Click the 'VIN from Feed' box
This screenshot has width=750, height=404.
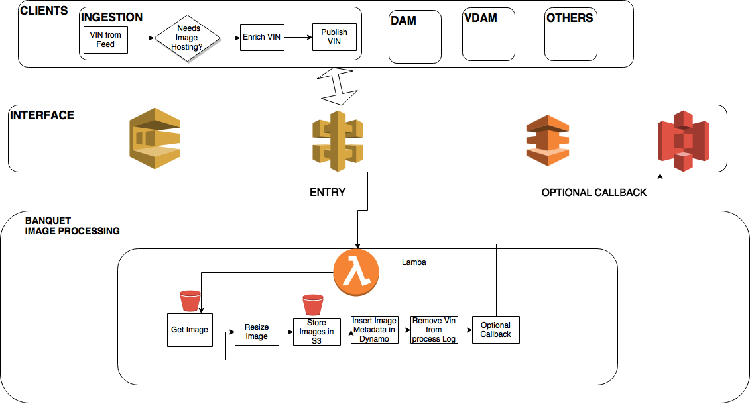click(x=105, y=40)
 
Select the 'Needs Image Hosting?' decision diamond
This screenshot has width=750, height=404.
click(x=188, y=38)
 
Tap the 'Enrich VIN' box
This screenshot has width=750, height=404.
click(x=261, y=38)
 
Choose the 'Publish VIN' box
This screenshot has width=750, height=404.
click(x=334, y=37)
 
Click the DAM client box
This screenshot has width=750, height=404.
click(x=415, y=37)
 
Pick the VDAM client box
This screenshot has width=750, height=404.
click(x=489, y=36)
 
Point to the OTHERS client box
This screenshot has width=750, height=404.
click(x=570, y=35)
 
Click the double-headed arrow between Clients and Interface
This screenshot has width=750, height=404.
click(x=339, y=86)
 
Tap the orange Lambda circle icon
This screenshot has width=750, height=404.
click(x=356, y=272)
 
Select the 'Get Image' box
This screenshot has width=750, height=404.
click(x=190, y=330)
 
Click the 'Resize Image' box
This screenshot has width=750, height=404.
click(x=257, y=332)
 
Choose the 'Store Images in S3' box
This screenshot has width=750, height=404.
click(x=317, y=332)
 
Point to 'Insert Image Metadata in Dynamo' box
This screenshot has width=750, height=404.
click(x=375, y=330)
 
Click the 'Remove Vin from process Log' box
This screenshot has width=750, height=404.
click(x=434, y=330)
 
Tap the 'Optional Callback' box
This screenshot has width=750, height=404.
click(x=495, y=330)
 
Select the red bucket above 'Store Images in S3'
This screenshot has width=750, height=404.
click(x=312, y=305)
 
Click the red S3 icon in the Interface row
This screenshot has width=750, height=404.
click(x=683, y=140)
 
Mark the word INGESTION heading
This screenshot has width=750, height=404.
click(x=112, y=17)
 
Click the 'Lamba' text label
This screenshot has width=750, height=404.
click(x=414, y=262)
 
